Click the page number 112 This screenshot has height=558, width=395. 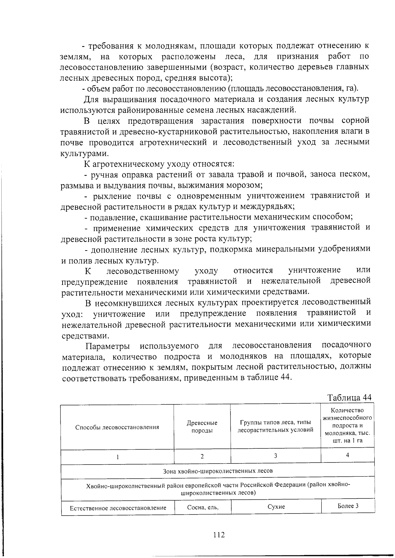point(219,535)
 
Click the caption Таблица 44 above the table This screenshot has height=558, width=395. point(349,397)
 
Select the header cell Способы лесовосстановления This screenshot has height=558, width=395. point(117,427)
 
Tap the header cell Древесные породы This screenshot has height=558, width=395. point(202,427)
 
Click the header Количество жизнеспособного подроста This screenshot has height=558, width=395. point(347,425)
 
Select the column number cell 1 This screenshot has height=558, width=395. point(117,457)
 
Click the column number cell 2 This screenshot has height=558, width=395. point(202,456)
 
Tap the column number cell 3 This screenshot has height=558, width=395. point(276,456)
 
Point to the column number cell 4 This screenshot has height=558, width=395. point(347,455)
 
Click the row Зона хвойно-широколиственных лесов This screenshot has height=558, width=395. point(218,471)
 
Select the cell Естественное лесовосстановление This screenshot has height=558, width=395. point(118,508)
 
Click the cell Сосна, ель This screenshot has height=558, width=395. point(202,507)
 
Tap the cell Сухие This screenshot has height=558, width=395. point(276,507)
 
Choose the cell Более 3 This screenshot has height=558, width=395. point(348,506)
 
